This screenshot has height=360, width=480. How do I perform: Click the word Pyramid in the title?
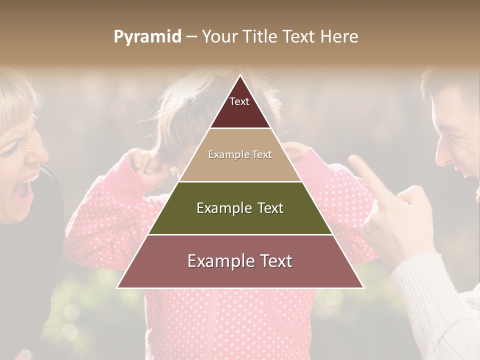147,37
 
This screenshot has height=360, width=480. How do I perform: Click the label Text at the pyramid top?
239,101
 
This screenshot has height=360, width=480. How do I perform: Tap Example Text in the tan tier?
240,154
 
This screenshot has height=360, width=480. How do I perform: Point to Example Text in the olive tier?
240,208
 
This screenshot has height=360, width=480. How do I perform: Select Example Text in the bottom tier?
240,261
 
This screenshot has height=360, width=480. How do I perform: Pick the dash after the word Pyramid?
191,37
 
